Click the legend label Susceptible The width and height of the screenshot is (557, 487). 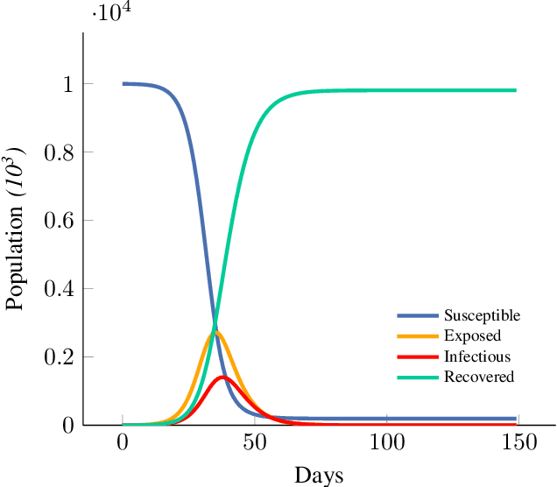[482, 315]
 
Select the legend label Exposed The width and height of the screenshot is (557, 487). [472, 336]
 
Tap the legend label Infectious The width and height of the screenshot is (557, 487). [476, 356]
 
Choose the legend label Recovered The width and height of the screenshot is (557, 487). [478, 377]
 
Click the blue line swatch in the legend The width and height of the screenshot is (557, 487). [418, 315]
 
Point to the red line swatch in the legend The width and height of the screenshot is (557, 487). [418, 356]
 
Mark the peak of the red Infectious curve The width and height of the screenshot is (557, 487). [223, 378]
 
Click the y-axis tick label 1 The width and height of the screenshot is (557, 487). [67, 84]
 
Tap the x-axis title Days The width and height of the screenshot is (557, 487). [319, 475]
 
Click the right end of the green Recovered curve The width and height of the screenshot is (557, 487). [515, 90]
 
